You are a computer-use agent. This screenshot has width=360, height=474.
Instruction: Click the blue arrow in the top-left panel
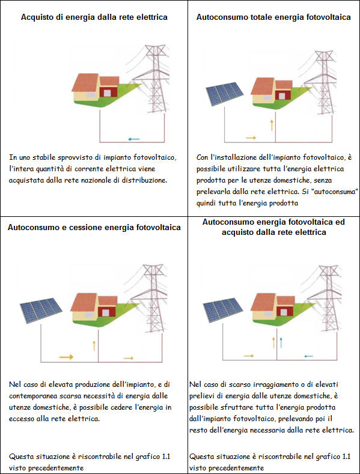(133, 139)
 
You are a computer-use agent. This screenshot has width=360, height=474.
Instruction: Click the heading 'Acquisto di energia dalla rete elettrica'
(94, 17)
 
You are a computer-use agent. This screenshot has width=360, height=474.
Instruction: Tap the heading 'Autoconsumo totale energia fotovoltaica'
(273, 17)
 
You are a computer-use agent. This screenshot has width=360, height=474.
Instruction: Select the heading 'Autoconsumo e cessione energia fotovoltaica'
(94, 227)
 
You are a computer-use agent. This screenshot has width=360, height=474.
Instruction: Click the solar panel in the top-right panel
(224, 93)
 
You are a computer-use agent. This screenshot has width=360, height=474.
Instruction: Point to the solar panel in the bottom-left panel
(41, 311)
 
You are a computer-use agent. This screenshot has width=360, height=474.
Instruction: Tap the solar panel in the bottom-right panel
(222, 310)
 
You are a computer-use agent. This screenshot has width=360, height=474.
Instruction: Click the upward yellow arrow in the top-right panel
(272, 125)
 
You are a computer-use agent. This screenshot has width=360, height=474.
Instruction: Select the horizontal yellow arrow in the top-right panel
(251, 138)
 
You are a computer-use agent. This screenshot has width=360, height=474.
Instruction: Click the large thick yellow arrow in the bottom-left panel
(66, 357)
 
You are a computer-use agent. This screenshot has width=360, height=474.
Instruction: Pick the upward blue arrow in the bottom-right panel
(281, 342)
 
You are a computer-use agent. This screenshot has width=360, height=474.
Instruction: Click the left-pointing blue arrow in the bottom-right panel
(308, 356)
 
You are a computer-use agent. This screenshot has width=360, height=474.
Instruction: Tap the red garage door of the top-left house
(107, 92)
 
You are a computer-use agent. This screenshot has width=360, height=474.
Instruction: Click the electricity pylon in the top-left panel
(156, 78)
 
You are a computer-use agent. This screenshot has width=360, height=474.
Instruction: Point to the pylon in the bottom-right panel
(328, 299)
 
